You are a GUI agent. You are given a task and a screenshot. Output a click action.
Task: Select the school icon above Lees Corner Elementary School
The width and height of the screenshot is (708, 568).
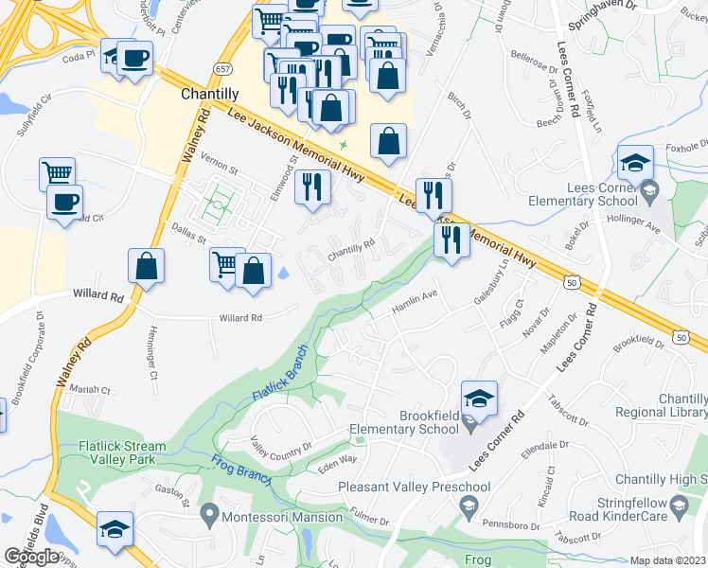pos(636,163)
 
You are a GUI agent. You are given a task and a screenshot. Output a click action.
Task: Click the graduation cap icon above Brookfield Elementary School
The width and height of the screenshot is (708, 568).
pos(479,399)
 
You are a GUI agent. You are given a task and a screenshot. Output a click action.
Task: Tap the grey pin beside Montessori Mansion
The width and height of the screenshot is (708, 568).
pos(210,516)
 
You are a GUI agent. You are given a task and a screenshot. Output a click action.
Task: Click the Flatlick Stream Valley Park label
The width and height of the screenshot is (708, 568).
pos(112,454)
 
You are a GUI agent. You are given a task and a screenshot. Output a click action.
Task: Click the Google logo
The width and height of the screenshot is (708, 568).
pos(31,557)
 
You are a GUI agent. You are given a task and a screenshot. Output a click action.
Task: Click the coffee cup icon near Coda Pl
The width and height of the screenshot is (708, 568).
pos(133,59)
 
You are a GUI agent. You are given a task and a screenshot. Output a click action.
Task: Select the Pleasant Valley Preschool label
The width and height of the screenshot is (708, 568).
pos(415,488)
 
